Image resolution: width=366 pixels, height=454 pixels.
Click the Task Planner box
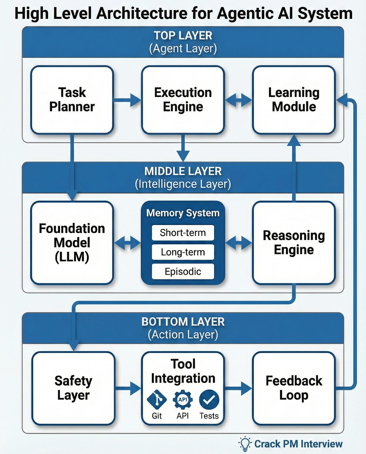[72, 100]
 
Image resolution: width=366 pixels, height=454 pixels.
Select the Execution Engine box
[183, 100]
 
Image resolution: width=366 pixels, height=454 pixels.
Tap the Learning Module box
[294, 100]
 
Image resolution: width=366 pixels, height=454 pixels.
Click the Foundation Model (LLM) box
[72, 243]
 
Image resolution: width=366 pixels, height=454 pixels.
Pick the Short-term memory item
[183, 233]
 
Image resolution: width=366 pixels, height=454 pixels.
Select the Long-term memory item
[183, 252]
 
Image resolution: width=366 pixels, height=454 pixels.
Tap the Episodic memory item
[183, 271]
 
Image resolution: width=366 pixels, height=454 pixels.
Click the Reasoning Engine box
[294, 243]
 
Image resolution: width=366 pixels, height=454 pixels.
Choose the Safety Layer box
[73, 388]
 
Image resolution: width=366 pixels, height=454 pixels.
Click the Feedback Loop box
[294, 388]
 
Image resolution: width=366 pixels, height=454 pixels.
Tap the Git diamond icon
[157, 399]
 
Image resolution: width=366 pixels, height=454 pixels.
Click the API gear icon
[183, 399]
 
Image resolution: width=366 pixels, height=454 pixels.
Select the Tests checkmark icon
[209, 399]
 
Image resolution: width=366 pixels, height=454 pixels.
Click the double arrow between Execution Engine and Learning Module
[238, 100]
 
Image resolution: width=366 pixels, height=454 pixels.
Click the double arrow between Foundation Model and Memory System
[127, 243]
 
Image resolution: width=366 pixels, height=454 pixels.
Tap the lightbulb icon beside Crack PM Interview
[245, 443]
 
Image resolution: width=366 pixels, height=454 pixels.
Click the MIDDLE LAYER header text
[183, 171]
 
